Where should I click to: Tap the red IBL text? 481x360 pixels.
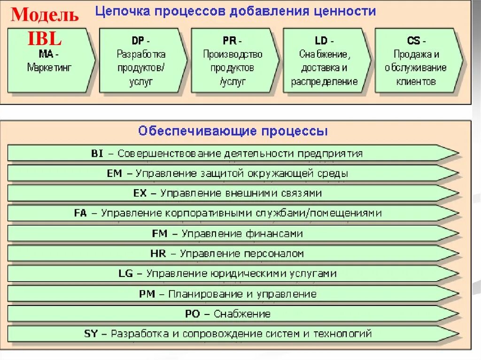[45, 38]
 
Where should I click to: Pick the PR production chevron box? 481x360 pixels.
[233, 61]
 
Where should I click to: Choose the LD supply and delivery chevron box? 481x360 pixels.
[325, 61]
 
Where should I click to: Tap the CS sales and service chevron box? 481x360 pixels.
[417, 61]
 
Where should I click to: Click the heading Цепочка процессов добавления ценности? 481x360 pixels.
[235, 11]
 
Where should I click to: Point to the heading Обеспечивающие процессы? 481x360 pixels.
[233, 131]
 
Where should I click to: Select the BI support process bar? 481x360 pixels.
[233, 153]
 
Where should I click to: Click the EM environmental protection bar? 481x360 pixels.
[233, 173]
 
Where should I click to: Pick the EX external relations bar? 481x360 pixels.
[233, 193]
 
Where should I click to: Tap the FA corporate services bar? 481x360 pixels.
[233, 213]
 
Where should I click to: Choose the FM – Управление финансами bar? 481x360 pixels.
[233, 233]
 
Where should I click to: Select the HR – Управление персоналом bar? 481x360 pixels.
[233, 253]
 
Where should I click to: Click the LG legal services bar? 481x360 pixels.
[233, 274]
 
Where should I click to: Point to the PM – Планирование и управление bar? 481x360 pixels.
[233, 294]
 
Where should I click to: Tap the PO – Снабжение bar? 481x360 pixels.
[233, 314]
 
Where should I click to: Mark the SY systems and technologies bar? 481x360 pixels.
[233, 334]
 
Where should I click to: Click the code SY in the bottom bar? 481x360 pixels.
[91, 334]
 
